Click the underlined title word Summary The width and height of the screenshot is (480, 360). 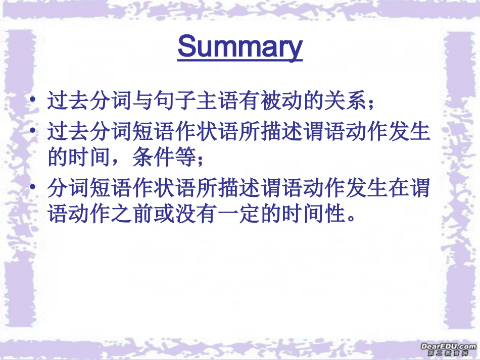pyautogui.click(x=240, y=47)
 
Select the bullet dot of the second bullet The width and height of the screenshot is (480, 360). pyautogui.click(x=33, y=130)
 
